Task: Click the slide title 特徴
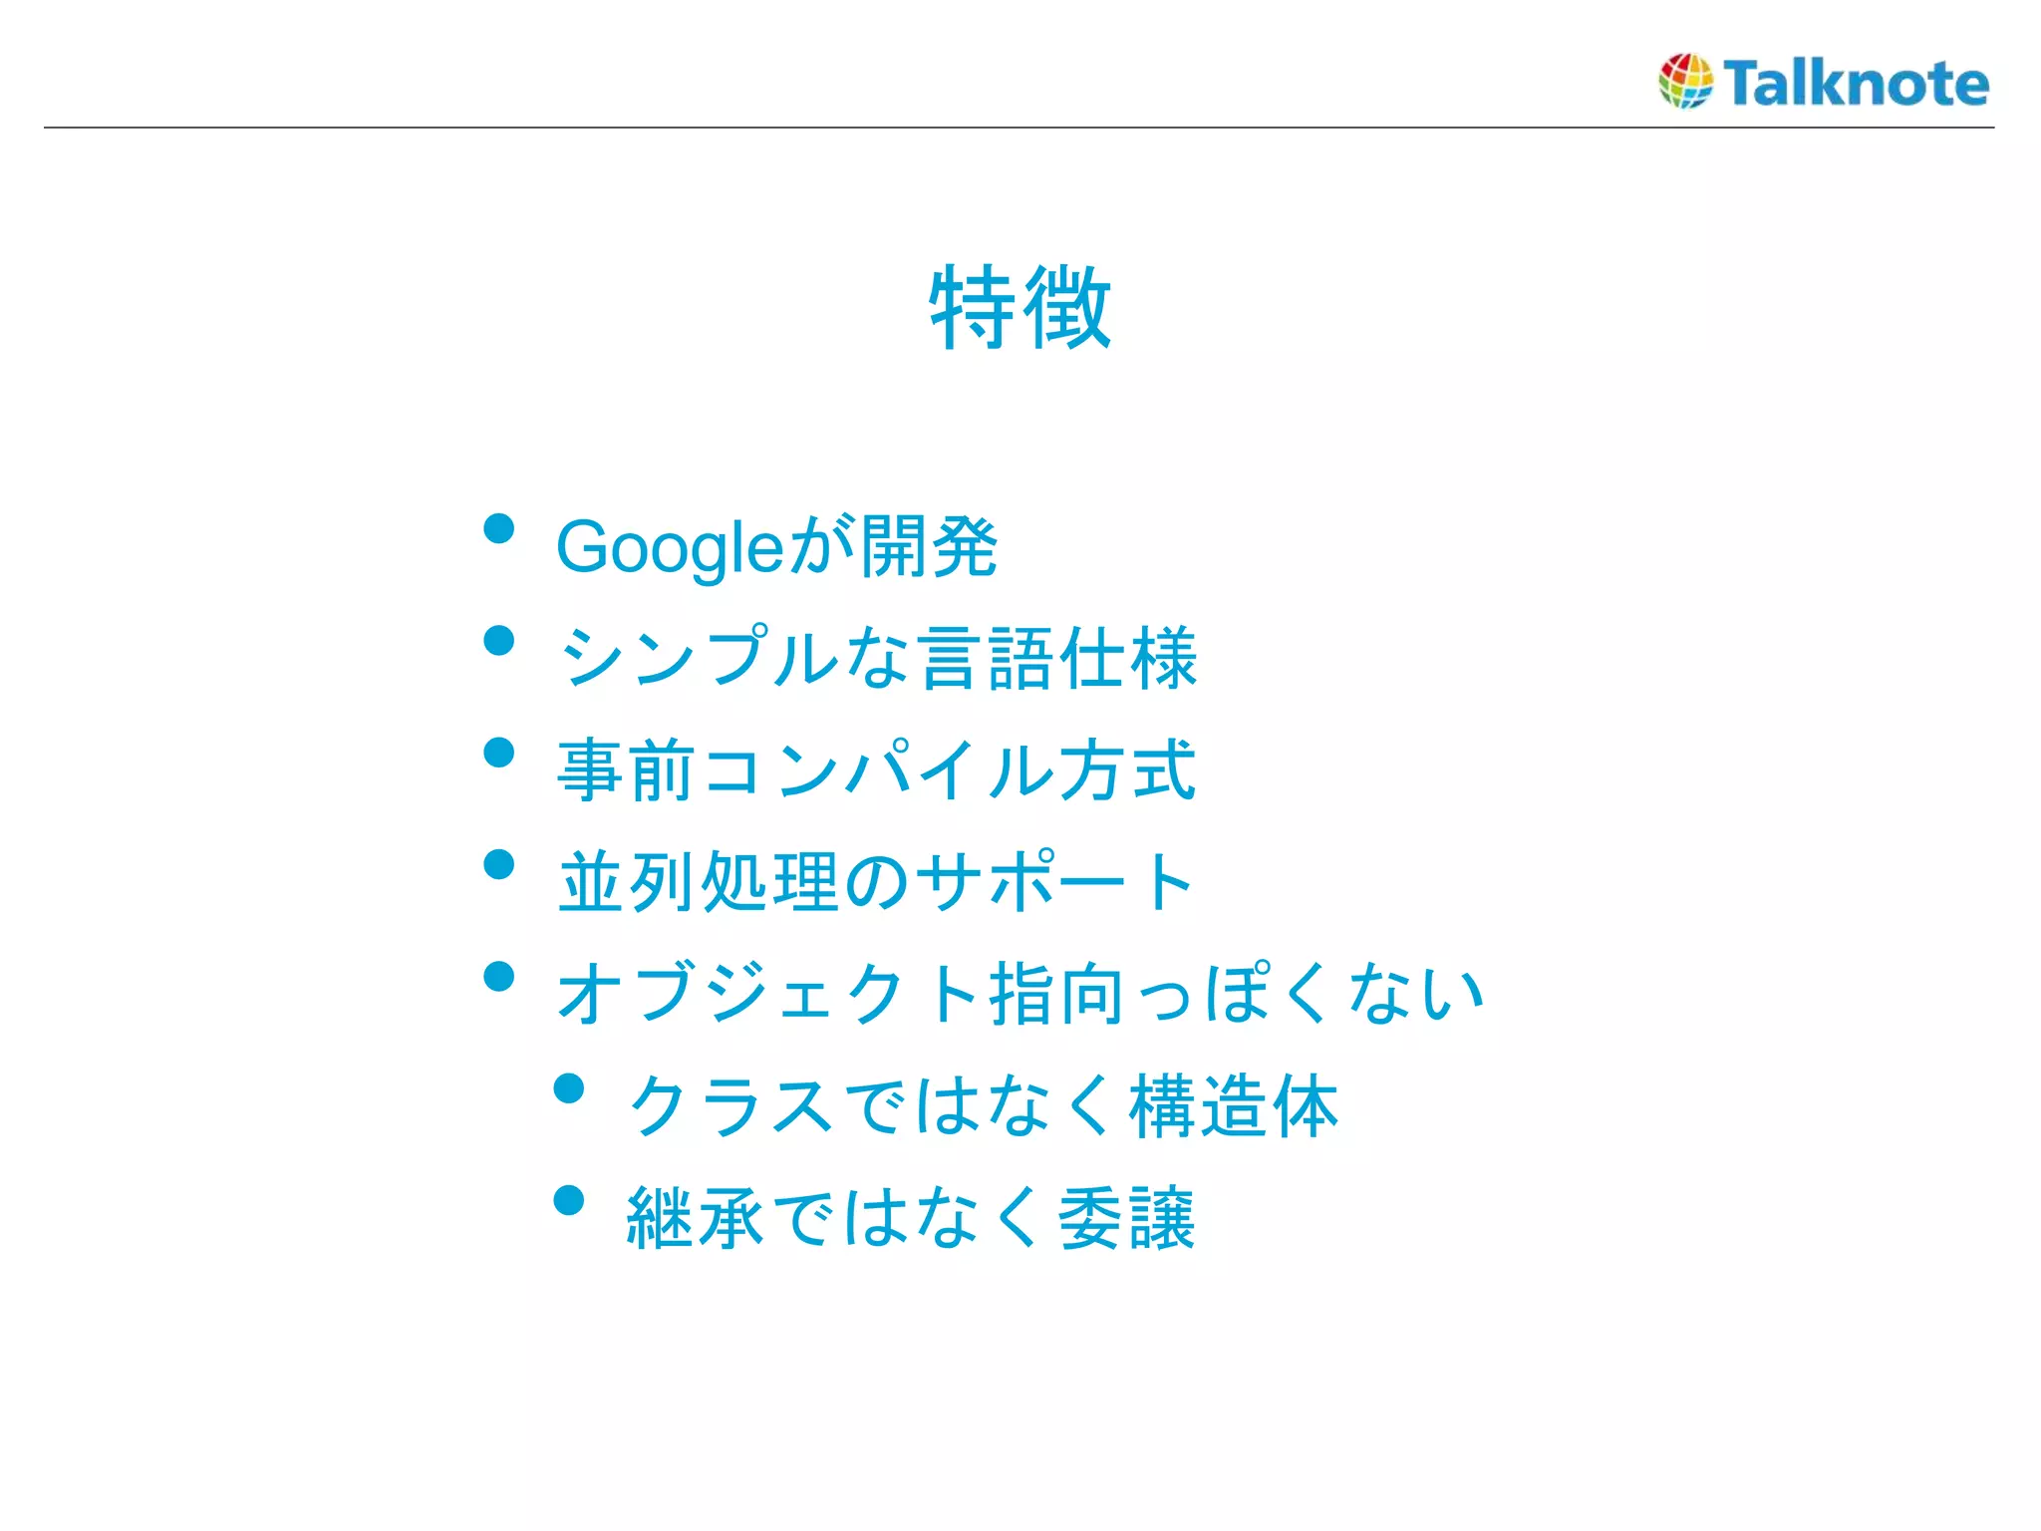1020,307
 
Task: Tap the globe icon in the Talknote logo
1685,81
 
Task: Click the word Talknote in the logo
1856,83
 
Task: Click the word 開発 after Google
929,546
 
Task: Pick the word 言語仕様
1058,658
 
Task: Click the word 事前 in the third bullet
626,769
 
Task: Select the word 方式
1127,769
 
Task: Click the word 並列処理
698,882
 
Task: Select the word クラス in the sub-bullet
731,1105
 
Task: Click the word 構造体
1234,1105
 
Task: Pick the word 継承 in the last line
696,1217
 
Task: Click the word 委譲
1126,1217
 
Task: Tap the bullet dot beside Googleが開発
498,528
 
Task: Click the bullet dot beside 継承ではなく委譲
569,1200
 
